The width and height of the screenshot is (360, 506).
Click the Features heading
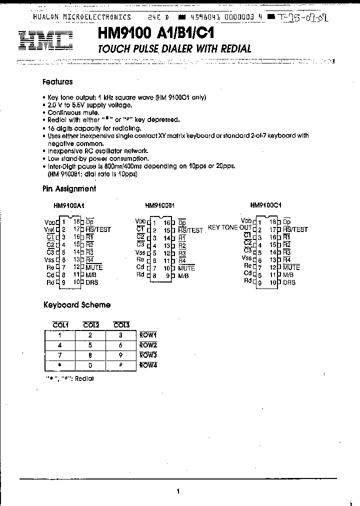click(57, 82)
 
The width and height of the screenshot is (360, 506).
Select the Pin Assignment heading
click(69, 189)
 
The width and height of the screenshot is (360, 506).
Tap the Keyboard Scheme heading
click(76, 304)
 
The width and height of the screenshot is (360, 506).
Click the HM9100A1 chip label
click(69, 205)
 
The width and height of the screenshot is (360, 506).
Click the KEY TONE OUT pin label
click(229, 227)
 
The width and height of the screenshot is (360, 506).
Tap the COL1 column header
click(60, 325)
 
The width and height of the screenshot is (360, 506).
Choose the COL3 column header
click(120, 325)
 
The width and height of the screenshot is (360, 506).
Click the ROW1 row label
click(148, 335)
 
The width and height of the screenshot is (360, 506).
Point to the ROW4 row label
click(148, 365)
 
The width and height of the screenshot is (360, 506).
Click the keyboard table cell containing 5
click(90, 345)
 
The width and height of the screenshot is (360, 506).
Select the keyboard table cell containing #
click(120, 365)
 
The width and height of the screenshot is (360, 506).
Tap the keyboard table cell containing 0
click(90, 365)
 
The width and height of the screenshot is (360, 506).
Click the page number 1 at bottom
click(178, 491)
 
